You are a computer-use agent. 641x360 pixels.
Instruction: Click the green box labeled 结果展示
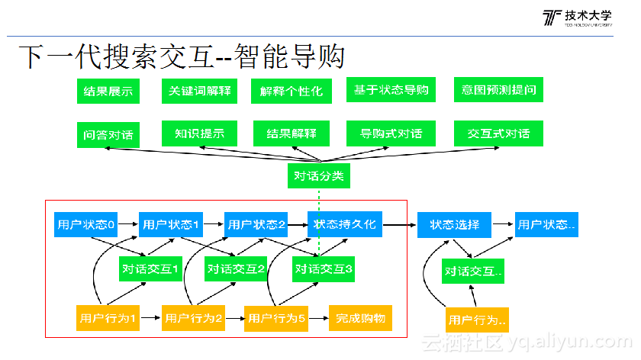[x=108, y=92]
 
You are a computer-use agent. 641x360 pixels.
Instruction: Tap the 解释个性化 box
[x=291, y=92]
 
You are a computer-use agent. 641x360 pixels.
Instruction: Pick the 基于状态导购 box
[x=391, y=90]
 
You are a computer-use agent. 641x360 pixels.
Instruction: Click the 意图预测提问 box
[x=498, y=90]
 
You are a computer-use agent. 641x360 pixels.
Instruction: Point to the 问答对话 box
[x=108, y=135]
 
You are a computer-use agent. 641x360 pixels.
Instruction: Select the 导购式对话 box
[x=391, y=133]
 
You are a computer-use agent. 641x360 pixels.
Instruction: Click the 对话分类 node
[x=319, y=177]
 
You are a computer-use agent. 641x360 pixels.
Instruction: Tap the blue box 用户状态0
[x=85, y=225]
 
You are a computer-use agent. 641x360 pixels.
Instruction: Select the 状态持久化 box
[x=344, y=225]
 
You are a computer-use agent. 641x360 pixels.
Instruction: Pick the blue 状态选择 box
[x=454, y=225]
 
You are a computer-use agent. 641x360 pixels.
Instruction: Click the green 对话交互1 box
[x=150, y=268]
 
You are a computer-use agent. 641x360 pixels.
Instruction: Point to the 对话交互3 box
[x=324, y=268]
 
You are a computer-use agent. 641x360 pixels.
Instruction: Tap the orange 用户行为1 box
[x=108, y=317]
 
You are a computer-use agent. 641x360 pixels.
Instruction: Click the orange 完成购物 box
[x=359, y=317]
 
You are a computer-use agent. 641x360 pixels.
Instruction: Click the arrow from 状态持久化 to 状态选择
[x=399, y=225]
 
